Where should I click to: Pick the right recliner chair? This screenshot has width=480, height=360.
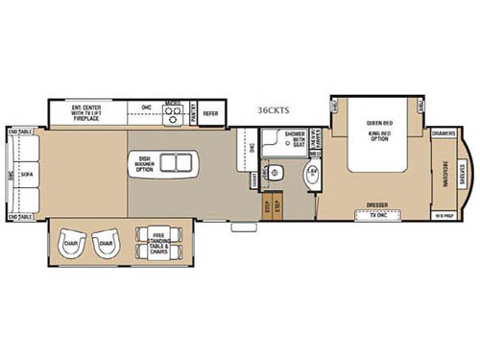tap(107, 242)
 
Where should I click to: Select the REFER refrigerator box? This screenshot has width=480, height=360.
tap(211, 113)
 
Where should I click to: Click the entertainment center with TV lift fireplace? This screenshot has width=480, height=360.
tap(91, 113)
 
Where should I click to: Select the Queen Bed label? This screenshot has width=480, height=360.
tap(379, 123)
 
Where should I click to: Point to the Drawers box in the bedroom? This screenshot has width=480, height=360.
tap(443, 133)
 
